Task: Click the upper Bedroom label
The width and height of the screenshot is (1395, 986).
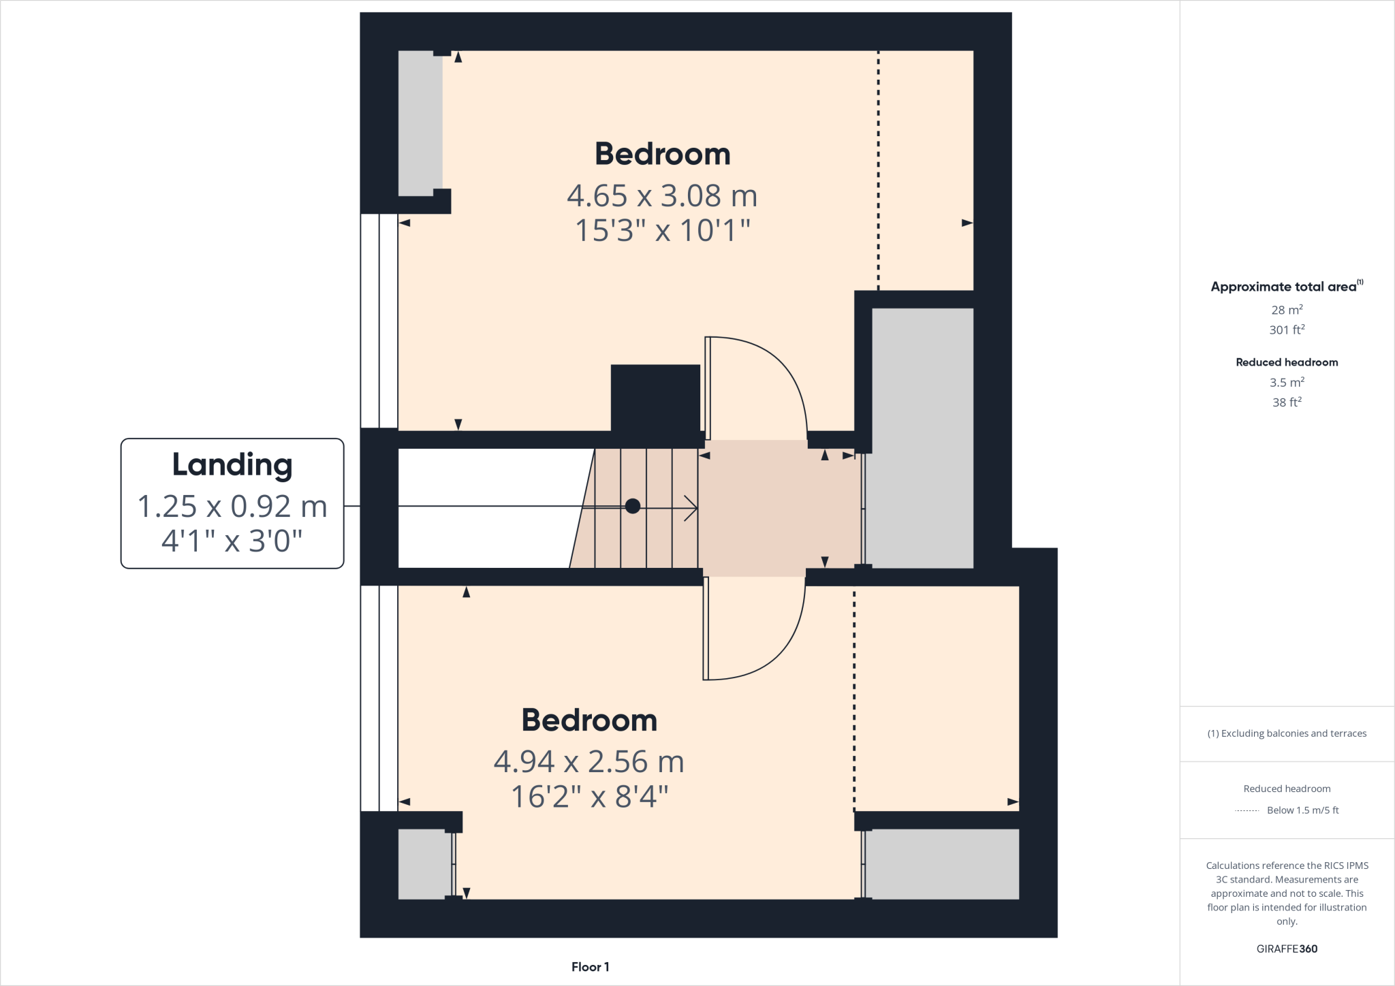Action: [662, 154]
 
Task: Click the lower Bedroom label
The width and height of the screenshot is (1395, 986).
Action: [589, 720]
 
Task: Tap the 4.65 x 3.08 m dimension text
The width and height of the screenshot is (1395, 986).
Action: [662, 196]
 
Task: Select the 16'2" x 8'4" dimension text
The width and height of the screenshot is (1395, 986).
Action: [589, 797]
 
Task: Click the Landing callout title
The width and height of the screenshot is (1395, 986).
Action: [232, 465]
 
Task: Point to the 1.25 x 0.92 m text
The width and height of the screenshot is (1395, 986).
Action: [232, 507]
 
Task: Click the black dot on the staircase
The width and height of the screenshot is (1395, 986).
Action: [632, 506]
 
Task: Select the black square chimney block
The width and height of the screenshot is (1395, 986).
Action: [655, 398]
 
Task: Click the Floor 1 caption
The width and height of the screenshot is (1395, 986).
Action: [590, 967]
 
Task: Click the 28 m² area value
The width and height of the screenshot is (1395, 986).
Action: [1287, 310]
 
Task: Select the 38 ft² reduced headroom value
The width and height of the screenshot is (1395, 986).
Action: [1287, 402]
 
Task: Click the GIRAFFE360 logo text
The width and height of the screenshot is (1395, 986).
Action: [1287, 949]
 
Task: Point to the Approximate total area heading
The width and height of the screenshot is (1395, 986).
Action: [1284, 287]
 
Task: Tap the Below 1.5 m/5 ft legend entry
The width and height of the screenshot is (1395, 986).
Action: [1302, 810]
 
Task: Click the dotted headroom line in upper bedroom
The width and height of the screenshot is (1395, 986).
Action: [878, 170]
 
